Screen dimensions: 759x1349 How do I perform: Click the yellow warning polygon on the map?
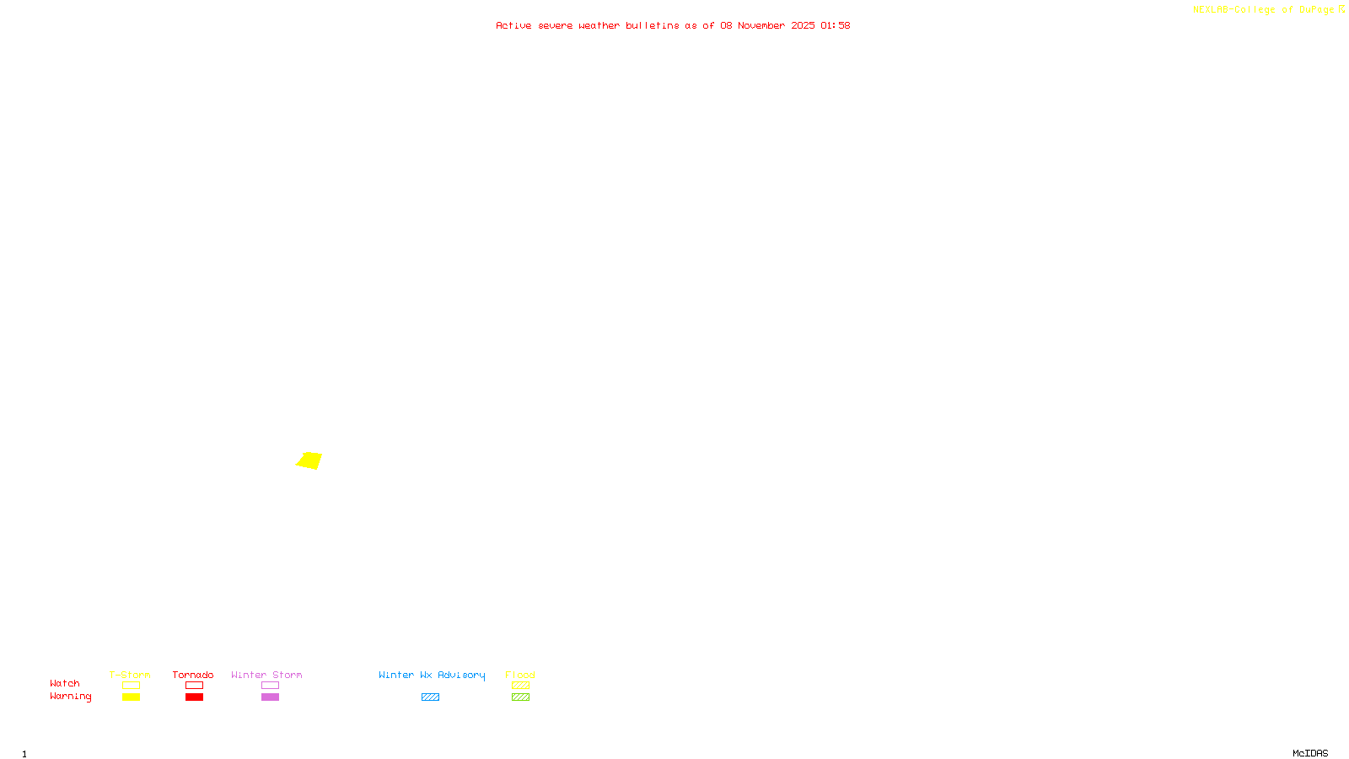[309, 460]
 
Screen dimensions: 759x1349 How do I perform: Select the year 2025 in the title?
[803, 25]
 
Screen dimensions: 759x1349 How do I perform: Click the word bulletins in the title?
[652, 25]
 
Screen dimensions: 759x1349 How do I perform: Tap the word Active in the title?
[513, 25]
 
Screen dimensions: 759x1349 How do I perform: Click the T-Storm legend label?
[130, 675]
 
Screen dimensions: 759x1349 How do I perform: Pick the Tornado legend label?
[193, 675]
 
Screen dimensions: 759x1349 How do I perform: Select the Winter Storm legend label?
[266, 675]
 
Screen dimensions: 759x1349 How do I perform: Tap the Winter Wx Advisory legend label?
[432, 675]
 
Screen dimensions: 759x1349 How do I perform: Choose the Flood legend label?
[520, 675]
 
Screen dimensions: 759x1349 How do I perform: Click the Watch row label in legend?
[65, 683]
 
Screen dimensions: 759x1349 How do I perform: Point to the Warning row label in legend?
[71, 697]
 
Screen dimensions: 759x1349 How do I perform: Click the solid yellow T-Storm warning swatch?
[131, 697]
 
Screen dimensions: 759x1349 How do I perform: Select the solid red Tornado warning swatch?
[194, 697]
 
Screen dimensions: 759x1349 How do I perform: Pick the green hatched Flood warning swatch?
[520, 697]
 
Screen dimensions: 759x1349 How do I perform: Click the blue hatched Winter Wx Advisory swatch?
[430, 697]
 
